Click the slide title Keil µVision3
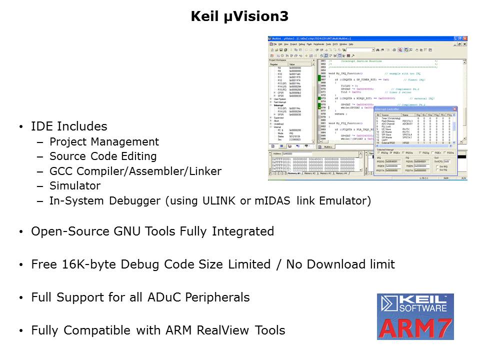coord(239,16)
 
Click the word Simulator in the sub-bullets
coord(75,186)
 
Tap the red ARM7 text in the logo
coord(415,327)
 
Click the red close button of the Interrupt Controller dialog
coord(454,108)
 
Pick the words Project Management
coord(104,142)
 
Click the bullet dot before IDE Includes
coord(20,127)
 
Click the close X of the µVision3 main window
coord(465,38)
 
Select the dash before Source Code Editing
coord(40,157)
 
